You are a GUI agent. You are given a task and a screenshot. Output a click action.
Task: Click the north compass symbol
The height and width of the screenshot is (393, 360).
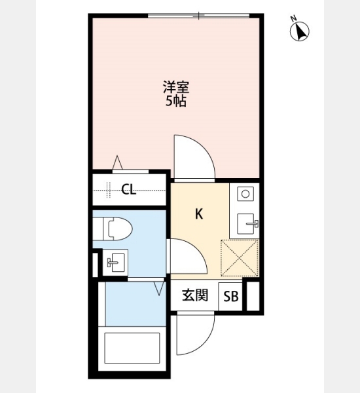299,31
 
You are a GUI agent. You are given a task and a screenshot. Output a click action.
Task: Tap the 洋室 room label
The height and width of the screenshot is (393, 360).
176,87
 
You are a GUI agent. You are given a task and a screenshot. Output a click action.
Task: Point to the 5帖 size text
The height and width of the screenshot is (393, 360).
176,102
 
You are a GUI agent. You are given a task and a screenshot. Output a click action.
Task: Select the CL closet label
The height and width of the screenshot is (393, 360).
129,190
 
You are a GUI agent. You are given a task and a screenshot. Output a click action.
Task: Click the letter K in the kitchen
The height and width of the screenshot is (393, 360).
199,214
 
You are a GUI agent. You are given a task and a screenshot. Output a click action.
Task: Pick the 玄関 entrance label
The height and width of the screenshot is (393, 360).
195,295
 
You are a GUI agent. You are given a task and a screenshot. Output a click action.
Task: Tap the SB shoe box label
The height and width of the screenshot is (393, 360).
231,297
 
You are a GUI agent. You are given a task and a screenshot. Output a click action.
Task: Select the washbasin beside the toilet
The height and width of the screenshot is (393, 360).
115,262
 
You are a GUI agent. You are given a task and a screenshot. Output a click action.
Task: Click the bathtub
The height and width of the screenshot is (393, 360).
132,348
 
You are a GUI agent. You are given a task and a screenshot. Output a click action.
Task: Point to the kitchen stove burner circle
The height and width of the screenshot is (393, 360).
245,194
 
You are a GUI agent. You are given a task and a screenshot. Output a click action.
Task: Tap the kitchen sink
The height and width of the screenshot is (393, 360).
246,224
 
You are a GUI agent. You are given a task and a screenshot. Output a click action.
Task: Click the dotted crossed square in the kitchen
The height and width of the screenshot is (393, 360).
240,258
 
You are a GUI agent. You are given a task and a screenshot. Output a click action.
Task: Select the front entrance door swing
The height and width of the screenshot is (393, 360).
196,333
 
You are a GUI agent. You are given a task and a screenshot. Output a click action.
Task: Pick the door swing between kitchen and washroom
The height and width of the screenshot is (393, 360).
187,255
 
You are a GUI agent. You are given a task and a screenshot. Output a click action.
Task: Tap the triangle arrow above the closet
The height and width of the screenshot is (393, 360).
117,162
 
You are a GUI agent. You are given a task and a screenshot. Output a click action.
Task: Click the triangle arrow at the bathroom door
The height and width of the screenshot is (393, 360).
159,288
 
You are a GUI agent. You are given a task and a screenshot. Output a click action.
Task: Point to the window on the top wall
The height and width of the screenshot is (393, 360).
198,16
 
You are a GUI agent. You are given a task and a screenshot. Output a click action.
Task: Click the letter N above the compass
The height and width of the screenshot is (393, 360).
293,18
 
